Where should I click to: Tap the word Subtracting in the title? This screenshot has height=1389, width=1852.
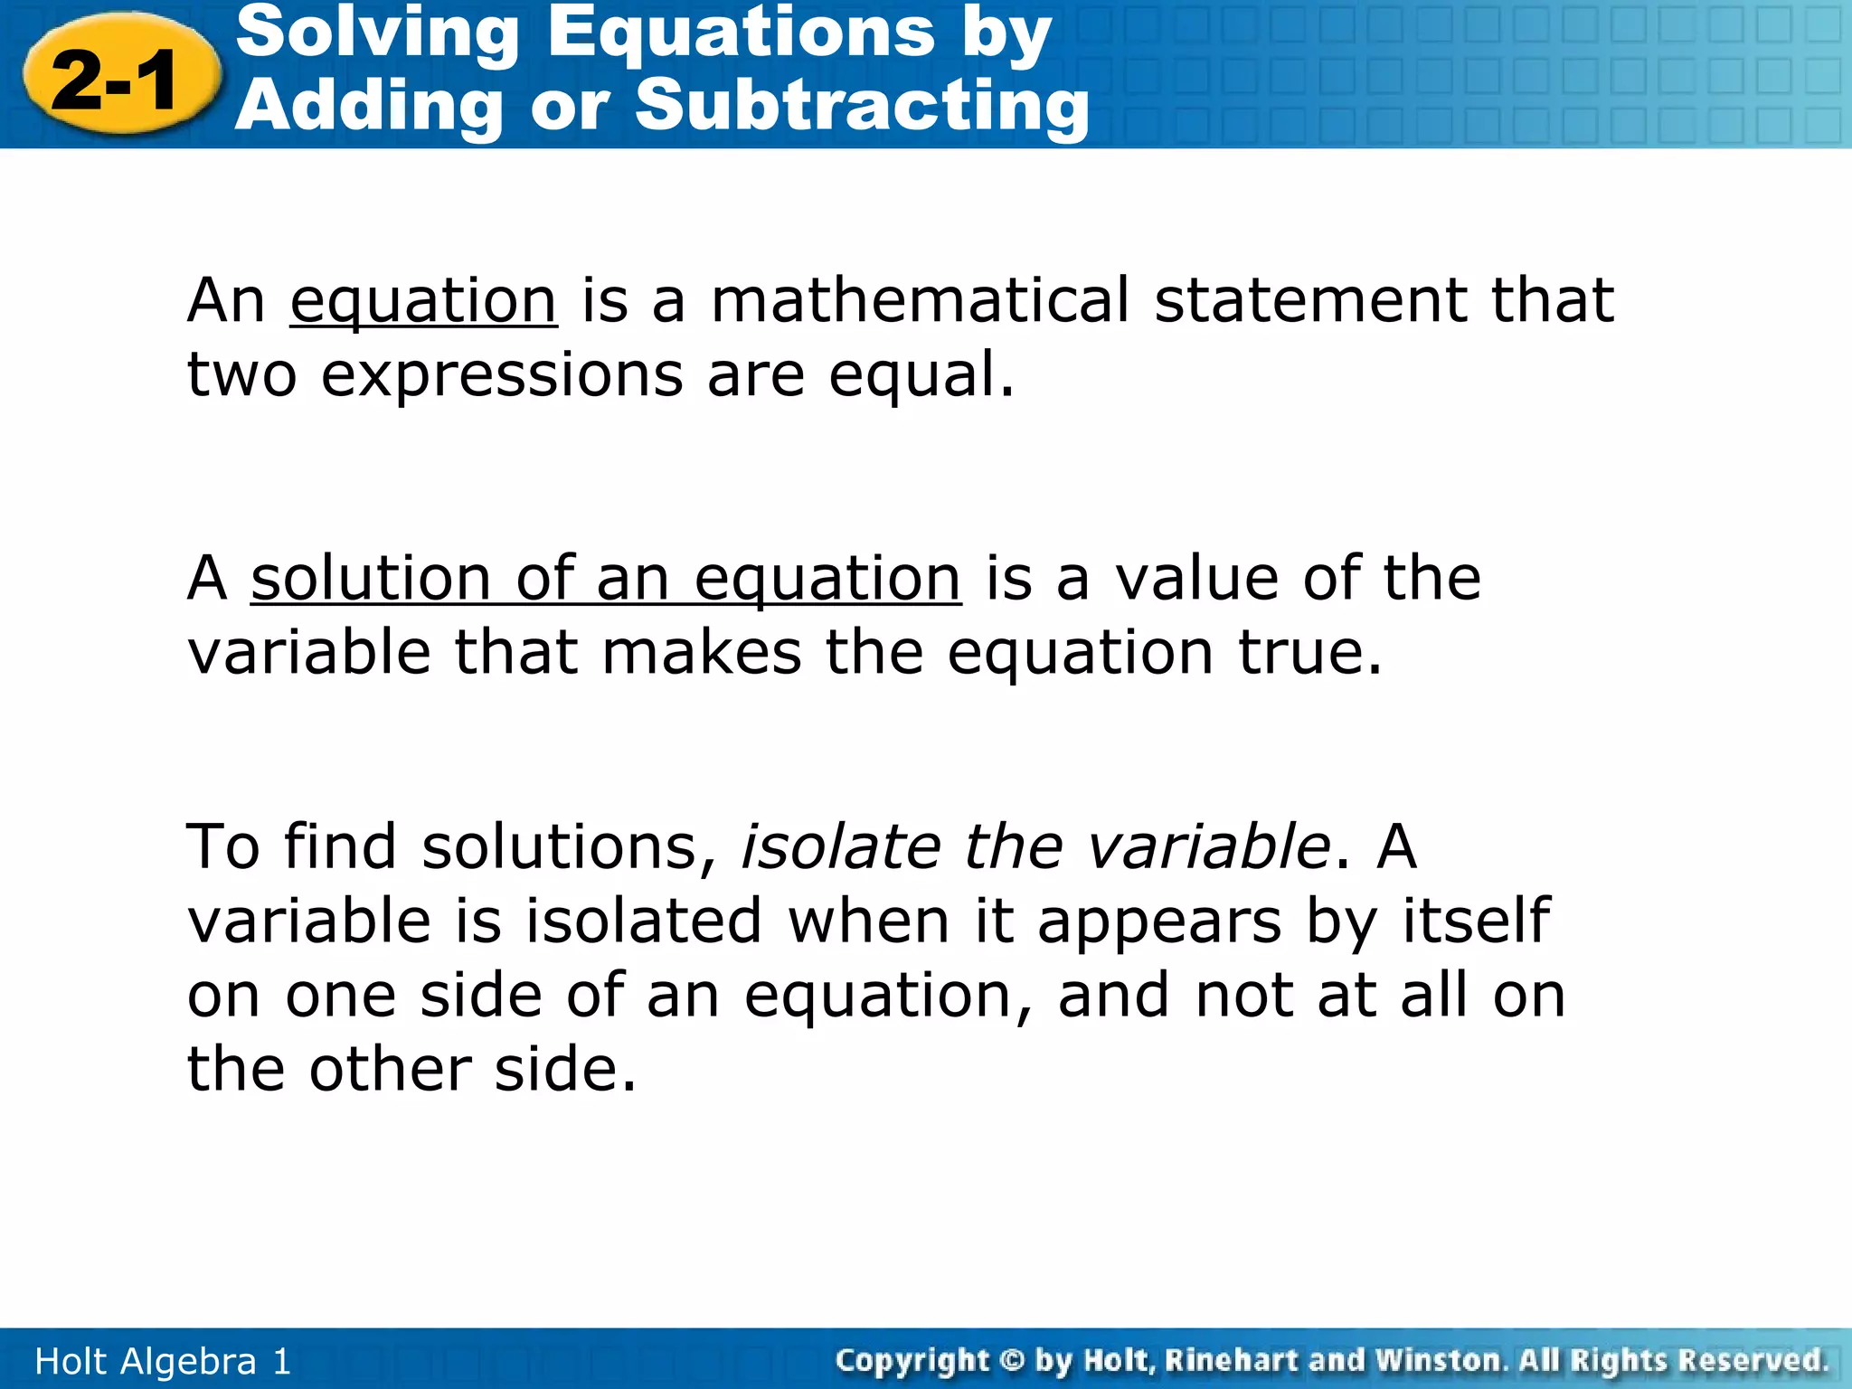point(862,106)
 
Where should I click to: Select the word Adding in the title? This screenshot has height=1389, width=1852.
point(368,106)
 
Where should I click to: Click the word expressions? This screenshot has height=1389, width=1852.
point(502,374)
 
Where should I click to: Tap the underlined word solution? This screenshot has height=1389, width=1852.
point(371,578)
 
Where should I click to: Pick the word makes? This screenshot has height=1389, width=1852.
point(701,652)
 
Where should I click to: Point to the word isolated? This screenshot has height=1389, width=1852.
point(644,921)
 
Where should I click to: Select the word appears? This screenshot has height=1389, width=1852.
point(1159,921)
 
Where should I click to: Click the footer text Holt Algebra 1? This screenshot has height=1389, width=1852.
point(163,1361)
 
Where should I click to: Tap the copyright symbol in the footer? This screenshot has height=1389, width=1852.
point(1013,1360)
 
